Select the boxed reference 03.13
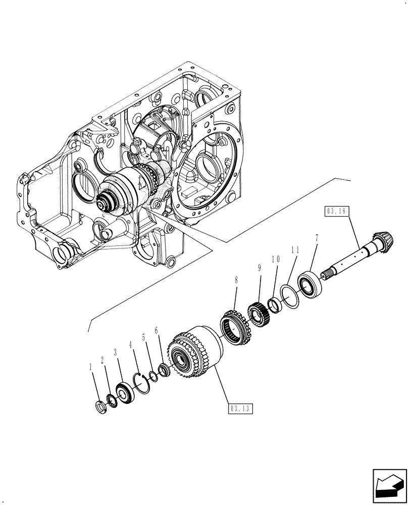(240, 408)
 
